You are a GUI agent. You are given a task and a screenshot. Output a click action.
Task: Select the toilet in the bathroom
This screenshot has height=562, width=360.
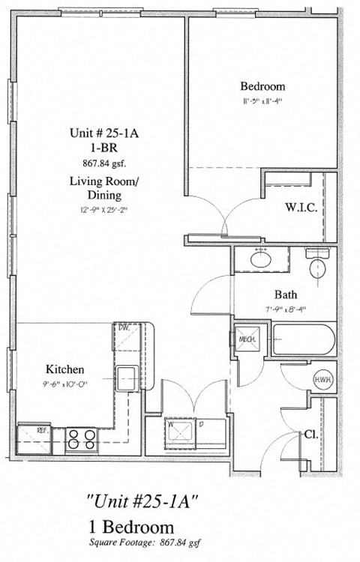(x=317, y=266)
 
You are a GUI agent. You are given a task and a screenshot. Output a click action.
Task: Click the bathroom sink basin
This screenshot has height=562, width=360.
(x=260, y=260)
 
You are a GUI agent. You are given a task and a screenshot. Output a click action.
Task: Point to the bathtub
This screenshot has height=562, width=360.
(x=303, y=339)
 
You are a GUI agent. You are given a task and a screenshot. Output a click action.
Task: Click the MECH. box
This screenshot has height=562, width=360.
(x=247, y=339)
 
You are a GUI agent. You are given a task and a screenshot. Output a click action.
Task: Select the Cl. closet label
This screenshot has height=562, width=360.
(x=310, y=434)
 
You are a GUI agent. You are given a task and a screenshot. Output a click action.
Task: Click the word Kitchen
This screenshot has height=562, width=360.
(x=65, y=369)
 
